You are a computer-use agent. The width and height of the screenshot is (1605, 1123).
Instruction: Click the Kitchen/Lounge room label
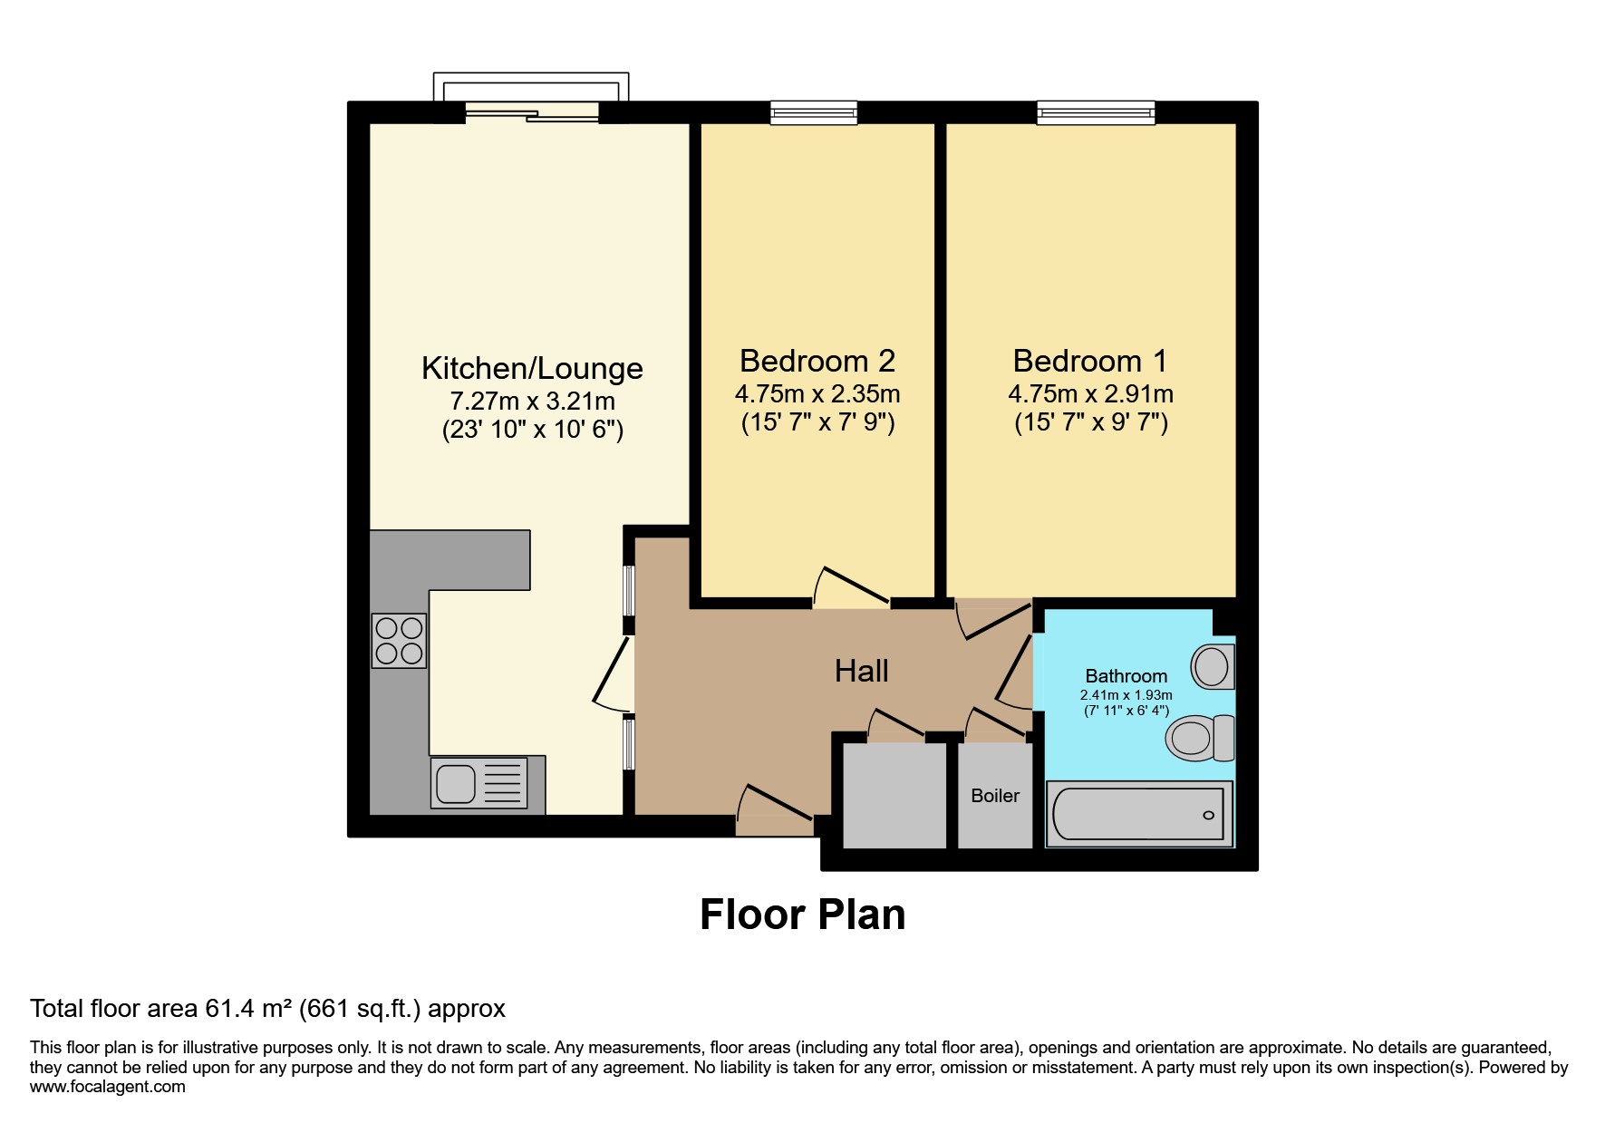(532, 368)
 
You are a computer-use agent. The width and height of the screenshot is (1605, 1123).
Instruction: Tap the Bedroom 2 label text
(817, 361)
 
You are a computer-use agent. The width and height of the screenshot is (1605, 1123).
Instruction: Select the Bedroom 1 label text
(1090, 361)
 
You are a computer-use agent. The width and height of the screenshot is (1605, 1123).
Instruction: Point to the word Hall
(861, 671)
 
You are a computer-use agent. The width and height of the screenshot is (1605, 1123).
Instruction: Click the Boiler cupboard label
(995, 796)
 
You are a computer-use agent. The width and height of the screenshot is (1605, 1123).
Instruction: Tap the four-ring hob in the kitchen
(399, 641)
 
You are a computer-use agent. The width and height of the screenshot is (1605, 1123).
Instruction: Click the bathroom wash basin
(1212, 666)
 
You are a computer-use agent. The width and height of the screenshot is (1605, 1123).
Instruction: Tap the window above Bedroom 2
(813, 112)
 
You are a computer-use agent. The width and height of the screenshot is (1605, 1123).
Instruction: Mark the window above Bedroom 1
(1096, 112)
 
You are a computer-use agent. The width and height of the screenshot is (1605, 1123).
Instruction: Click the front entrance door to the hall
(774, 811)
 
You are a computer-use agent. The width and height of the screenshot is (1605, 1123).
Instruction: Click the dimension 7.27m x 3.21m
(532, 401)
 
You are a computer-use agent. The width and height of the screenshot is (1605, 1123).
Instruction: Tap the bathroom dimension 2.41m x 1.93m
(1126, 695)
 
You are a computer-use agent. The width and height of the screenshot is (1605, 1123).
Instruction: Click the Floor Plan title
(802, 915)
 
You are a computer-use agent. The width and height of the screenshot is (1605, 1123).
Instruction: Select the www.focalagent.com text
(107, 1087)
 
